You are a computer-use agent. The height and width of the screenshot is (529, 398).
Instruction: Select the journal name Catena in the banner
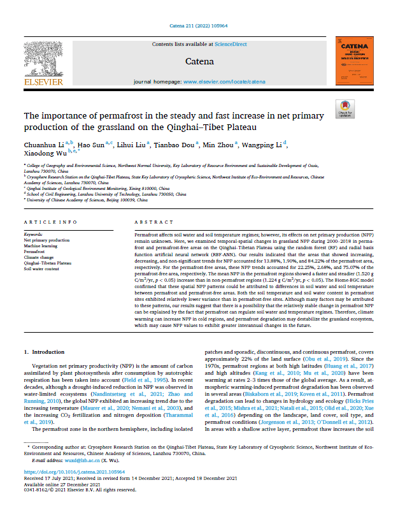pos(199,61)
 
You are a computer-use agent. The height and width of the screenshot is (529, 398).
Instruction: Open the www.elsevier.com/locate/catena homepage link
pos(224,82)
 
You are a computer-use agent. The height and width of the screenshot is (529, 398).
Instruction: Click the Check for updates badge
pos(347,108)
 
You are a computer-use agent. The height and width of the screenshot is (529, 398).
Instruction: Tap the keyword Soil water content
pos(39,269)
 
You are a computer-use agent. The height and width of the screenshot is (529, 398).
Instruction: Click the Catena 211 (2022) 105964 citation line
pos(199,25)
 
